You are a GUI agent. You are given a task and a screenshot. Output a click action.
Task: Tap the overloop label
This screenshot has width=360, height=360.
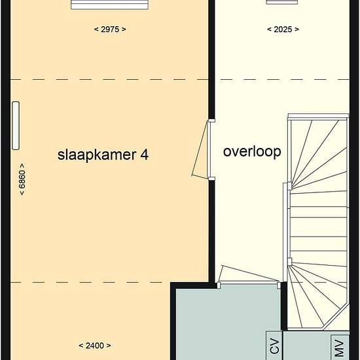252,152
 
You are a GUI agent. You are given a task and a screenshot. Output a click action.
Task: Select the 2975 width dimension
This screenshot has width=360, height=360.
110,29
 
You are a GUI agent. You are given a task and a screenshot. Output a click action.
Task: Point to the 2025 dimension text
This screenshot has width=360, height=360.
283,29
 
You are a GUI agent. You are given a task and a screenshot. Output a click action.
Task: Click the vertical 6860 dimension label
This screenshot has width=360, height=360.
22,179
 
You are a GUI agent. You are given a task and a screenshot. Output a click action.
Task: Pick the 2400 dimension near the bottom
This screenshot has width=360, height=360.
94,346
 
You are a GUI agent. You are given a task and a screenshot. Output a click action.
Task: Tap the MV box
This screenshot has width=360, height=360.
339,347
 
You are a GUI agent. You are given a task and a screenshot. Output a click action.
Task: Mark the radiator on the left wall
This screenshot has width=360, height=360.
15,125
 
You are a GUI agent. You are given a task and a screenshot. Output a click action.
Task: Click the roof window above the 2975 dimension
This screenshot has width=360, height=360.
111,5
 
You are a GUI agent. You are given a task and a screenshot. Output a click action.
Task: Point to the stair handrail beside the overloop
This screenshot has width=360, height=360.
285,223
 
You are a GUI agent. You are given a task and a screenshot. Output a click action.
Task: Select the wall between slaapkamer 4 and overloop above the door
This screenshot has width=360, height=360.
211,65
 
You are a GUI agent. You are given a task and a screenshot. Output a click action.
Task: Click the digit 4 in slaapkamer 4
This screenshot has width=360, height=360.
144,155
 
